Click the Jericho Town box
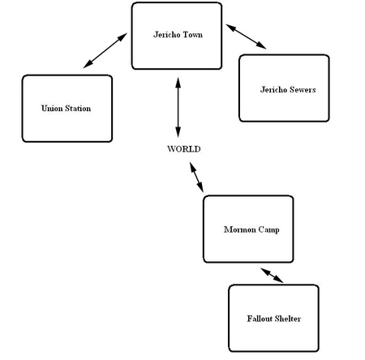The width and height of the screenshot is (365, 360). pyautogui.click(x=176, y=36)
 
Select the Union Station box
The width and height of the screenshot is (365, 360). pyautogui.click(x=67, y=108)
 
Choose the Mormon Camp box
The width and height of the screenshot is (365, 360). pyautogui.click(x=247, y=229)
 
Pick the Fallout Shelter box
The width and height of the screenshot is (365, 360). pyautogui.click(x=273, y=318)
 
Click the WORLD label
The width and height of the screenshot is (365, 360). pyautogui.click(x=183, y=149)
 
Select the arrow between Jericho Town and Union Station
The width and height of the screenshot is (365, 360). pyautogui.click(x=105, y=51)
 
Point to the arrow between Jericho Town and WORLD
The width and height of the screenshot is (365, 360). pyautogui.click(x=178, y=105)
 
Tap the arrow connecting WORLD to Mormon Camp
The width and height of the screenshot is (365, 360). pyautogui.click(x=195, y=177)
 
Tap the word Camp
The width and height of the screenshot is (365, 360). pyautogui.click(x=268, y=229)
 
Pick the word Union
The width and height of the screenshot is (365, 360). pyautogui.click(x=52, y=108)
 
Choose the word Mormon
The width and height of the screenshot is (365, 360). pyautogui.click(x=238, y=229)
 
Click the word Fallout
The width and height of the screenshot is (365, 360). pyautogui.click(x=259, y=319)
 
